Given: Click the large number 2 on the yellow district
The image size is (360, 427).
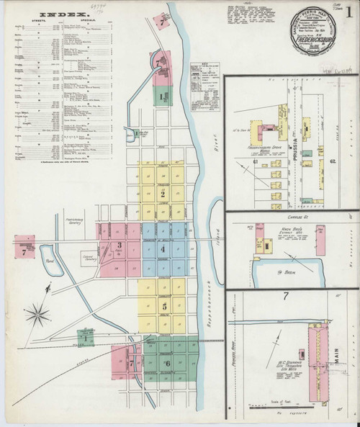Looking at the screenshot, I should tap(163, 194).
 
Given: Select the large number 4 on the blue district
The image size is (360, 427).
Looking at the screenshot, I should tap(163, 249).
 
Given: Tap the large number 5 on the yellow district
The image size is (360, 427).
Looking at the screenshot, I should tap(164, 306).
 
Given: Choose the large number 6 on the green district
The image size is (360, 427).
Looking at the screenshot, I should tap(168, 362).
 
